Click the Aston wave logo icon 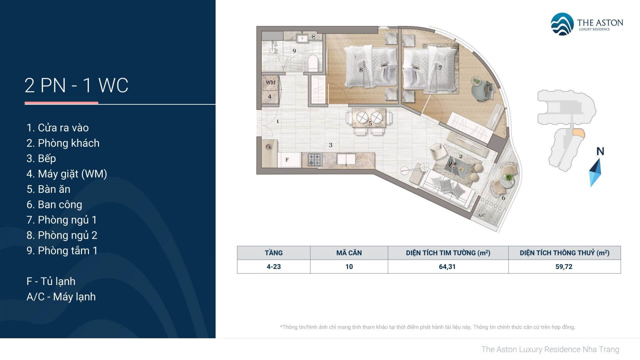click(562, 24)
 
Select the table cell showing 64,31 click(448, 267)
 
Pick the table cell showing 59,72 click(564, 267)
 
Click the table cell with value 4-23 click(274, 267)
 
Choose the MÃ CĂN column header click(349, 253)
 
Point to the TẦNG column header click(274, 253)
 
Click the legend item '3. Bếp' click(41, 158)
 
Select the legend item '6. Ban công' click(54, 205)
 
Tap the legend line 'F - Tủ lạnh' click(51, 281)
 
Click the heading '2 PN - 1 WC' click(76, 85)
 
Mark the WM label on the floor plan click(271, 82)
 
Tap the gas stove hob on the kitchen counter click(315, 160)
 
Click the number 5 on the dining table click(370, 124)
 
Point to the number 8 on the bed click(361, 70)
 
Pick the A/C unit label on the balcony click(481, 215)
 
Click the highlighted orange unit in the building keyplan click(578, 133)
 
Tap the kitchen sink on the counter click(346, 159)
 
